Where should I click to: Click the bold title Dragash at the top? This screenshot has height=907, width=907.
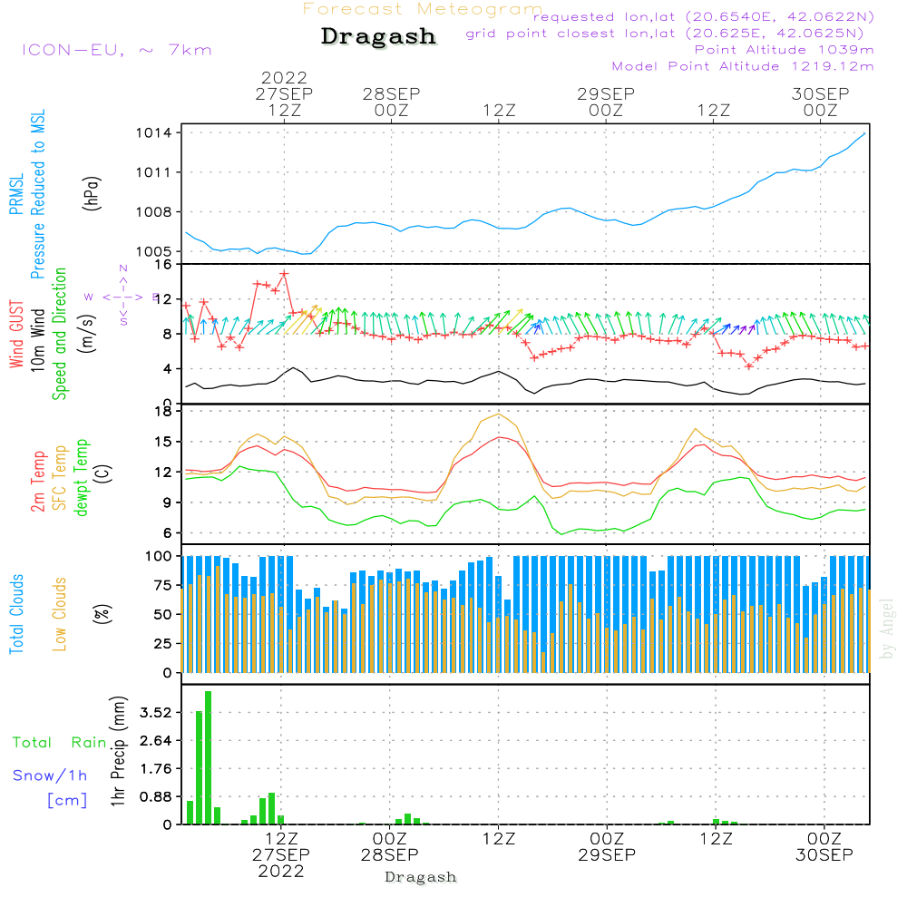(x=378, y=37)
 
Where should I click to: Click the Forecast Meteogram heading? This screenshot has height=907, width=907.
(x=423, y=9)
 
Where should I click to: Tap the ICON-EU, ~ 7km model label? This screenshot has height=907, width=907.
(x=116, y=49)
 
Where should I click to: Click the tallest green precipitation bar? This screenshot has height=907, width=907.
(x=208, y=757)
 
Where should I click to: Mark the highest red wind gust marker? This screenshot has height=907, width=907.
(x=284, y=273)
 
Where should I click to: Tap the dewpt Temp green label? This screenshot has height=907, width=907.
(x=82, y=478)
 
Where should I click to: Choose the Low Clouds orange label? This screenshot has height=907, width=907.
(x=60, y=611)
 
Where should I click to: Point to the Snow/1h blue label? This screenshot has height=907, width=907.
(x=50, y=775)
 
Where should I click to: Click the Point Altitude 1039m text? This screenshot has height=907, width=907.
(x=784, y=49)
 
